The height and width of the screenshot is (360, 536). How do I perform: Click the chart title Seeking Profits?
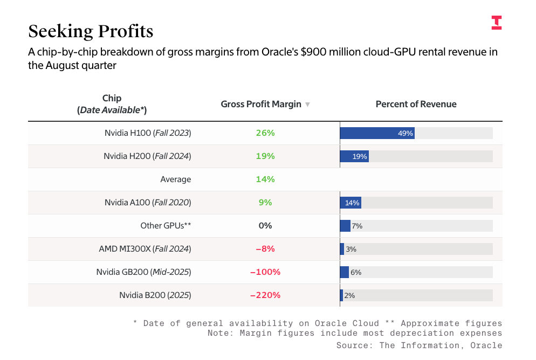(91, 31)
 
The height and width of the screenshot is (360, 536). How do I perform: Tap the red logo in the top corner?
(497, 23)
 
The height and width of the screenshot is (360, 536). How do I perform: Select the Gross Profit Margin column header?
(261, 104)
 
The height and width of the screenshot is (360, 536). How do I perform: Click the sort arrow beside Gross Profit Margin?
(307, 105)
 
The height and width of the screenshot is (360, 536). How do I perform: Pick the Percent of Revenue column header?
(416, 104)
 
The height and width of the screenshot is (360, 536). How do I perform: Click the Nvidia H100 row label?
(148, 133)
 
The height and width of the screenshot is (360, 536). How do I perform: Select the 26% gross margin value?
(265, 133)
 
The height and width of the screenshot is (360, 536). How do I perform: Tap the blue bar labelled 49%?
(377, 133)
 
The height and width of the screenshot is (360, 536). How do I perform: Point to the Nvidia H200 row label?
(147, 156)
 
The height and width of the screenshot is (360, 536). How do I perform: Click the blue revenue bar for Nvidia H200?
(354, 156)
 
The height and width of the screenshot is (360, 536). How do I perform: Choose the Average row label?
(175, 179)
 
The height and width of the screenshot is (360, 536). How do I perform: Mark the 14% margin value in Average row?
(265, 179)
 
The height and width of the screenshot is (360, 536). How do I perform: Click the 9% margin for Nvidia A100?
(265, 203)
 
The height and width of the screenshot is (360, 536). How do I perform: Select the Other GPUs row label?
(166, 226)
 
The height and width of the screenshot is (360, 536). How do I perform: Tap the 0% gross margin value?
(265, 226)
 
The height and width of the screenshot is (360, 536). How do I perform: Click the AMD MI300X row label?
(145, 249)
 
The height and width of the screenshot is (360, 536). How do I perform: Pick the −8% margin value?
(265, 249)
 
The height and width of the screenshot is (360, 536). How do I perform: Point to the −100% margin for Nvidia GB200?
(265, 272)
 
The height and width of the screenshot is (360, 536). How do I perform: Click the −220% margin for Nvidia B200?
(265, 295)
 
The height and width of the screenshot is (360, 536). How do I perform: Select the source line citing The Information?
(419, 345)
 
